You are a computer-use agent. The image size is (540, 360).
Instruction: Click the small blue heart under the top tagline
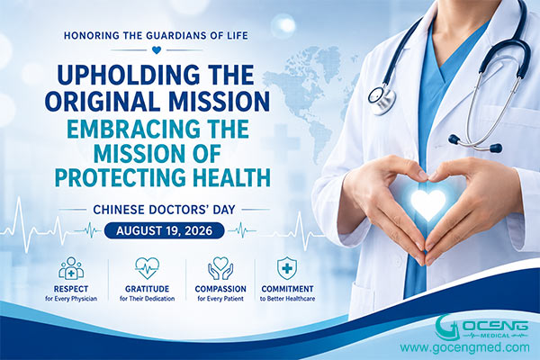coord(156,50)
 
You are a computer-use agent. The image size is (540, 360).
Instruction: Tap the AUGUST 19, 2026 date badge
coord(164,230)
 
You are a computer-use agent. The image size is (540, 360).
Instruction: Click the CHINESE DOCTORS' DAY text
coord(165,210)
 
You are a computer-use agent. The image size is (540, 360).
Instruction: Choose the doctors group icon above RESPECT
coord(71,268)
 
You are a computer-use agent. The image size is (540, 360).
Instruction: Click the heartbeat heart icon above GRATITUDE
coord(147,268)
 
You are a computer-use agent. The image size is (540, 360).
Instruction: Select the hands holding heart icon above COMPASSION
coord(220,268)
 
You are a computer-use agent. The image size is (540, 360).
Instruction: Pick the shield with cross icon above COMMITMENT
coord(287,268)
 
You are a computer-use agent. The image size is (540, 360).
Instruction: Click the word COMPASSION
coord(220,289)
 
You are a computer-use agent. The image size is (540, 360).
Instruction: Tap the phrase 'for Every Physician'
coord(71,299)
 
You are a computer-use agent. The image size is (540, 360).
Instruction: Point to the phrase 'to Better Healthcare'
coord(287,299)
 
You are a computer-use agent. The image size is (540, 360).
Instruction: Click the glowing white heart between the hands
coord(428,204)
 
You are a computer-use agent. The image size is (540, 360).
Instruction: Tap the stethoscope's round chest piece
coord(382,98)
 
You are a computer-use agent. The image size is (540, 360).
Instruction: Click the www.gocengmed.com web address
coord(464,347)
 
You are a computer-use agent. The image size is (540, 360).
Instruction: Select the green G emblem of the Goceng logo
coord(448,328)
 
